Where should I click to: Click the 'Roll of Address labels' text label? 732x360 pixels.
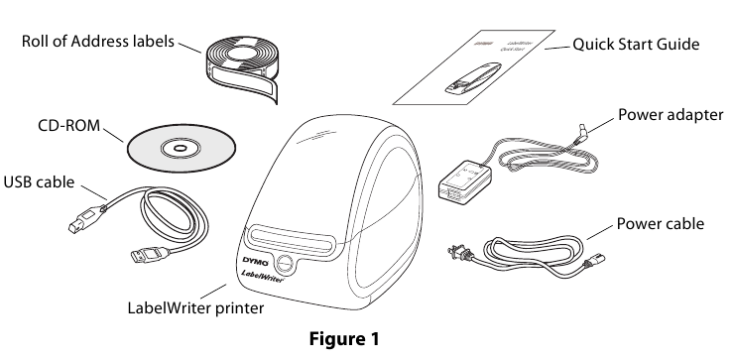98,43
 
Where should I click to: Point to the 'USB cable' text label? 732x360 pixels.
41,182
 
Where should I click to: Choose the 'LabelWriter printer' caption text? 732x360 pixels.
195,308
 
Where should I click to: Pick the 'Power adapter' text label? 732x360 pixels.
671,114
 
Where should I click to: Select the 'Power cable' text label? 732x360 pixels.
661,224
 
